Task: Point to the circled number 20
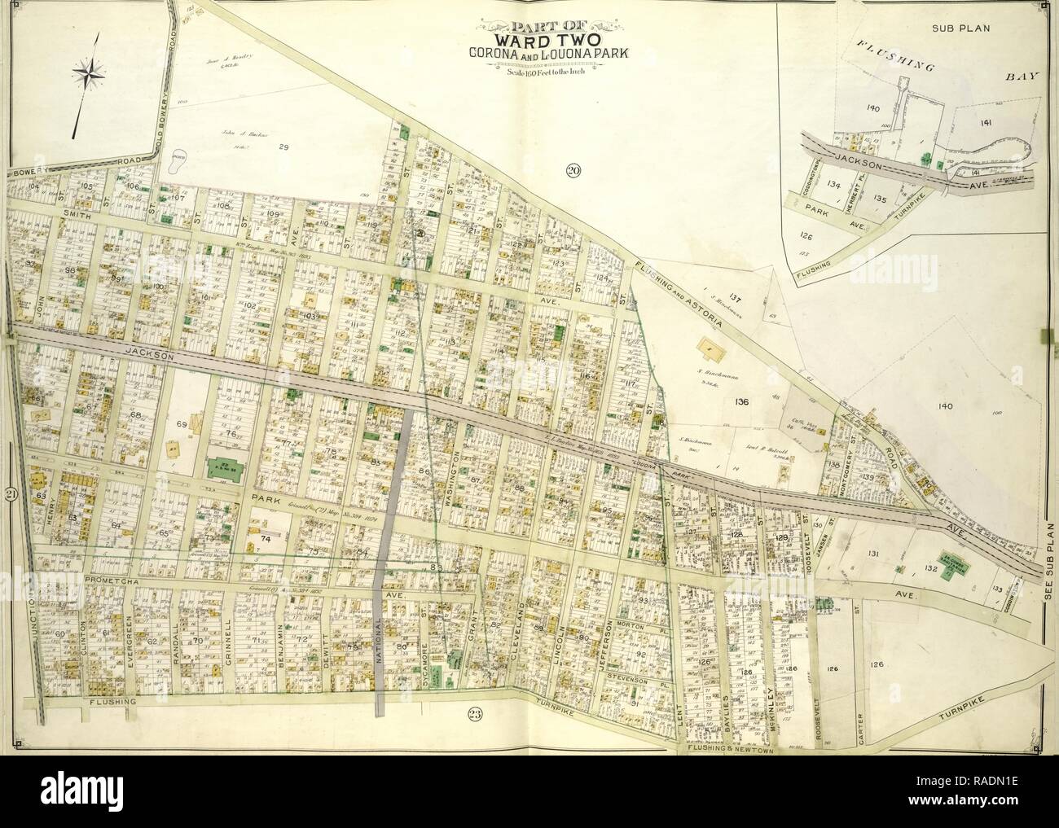(x=572, y=170)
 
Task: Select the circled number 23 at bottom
(x=475, y=715)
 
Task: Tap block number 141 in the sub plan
(x=985, y=122)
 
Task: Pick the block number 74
(x=264, y=539)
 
